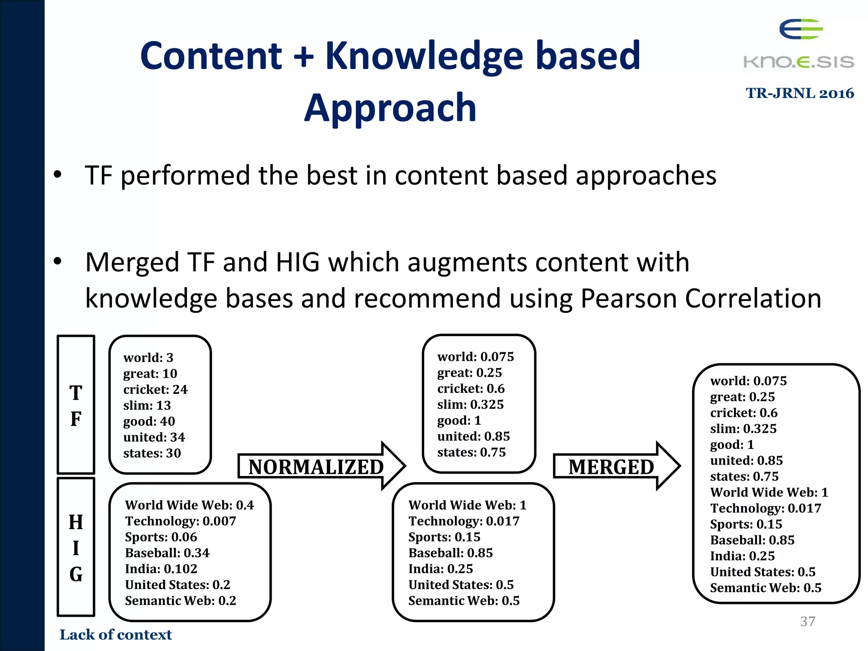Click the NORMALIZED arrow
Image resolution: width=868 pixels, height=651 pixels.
click(x=321, y=466)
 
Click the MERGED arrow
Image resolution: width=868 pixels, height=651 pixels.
click(x=615, y=466)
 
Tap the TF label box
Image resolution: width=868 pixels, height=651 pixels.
click(x=76, y=405)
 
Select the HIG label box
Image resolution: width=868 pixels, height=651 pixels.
click(x=76, y=547)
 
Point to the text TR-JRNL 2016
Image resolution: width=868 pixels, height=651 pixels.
click(x=799, y=93)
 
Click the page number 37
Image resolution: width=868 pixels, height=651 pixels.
click(x=807, y=621)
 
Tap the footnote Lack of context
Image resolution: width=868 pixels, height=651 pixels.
click(x=115, y=634)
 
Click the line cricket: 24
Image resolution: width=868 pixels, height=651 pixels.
click(x=155, y=389)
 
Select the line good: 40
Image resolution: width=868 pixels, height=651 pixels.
click(x=149, y=421)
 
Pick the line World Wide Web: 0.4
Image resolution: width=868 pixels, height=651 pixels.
click(x=189, y=505)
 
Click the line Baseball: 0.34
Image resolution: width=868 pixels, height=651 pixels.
click(x=167, y=553)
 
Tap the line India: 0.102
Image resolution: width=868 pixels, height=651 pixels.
click(x=161, y=569)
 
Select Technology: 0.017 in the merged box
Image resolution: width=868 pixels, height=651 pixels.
click(x=765, y=508)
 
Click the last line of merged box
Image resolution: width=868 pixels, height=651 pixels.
click(x=765, y=588)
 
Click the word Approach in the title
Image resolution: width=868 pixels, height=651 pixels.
click(x=390, y=108)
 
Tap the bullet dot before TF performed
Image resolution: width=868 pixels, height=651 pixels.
click(x=58, y=174)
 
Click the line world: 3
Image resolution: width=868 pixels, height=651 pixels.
click(x=148, y=357)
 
